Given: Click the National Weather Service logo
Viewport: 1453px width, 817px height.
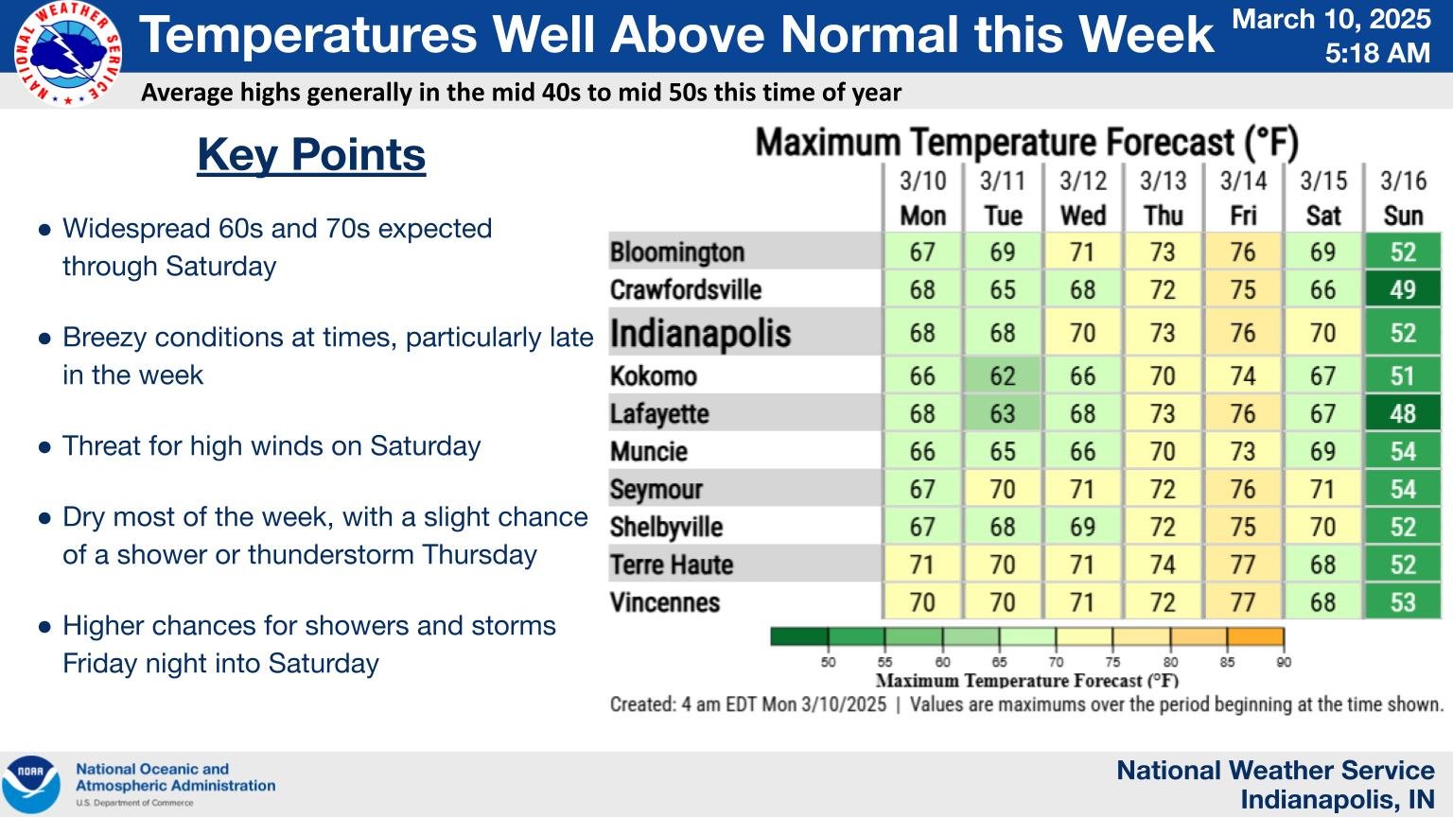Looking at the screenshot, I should coord(67,53).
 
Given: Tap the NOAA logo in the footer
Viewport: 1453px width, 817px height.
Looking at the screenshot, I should coord(30,784).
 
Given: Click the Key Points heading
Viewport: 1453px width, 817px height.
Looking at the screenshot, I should coord(311,155).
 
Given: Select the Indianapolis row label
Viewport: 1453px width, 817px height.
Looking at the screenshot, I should coord(700,333).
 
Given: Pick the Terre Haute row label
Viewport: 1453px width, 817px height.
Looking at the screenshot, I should coord(672,565).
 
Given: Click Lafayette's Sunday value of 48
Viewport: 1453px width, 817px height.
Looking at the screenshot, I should coord(1403,413).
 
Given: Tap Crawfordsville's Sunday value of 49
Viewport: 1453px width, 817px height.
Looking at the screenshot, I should coord(1403,289).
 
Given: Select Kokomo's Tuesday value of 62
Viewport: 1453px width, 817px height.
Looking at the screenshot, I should coord(1002,375).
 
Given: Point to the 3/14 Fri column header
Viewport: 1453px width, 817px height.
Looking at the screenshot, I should coord(1243,198).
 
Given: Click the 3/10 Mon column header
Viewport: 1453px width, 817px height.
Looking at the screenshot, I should coord(922,198).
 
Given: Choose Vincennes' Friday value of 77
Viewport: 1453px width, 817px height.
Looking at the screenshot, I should coord(1243,602).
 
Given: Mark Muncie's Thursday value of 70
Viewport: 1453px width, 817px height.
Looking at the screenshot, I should coord(1163,451).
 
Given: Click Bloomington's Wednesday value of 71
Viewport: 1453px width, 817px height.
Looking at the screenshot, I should coord(1082,252).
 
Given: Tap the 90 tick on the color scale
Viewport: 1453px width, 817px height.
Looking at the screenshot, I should coord(1284,662).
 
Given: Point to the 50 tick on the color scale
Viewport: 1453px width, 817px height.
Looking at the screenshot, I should coord(828,662).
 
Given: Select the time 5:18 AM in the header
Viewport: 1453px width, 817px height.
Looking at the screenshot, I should coord(1377,53).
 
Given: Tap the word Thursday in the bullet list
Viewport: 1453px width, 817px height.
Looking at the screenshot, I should coord(480,555).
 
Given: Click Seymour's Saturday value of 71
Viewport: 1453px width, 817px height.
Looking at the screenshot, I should coord(1322,489).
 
